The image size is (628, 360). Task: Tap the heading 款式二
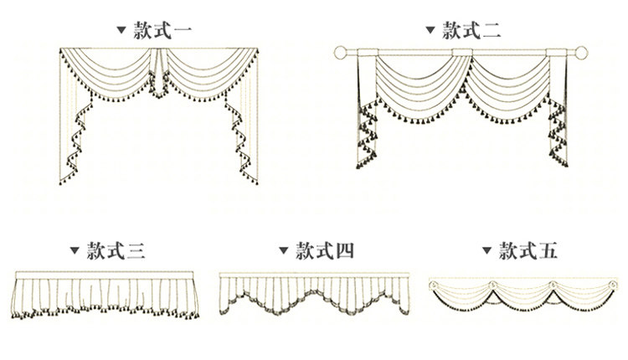471,32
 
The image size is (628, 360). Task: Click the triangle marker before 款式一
121,33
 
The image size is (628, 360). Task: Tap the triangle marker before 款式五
487,250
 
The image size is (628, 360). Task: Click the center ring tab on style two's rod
461,55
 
